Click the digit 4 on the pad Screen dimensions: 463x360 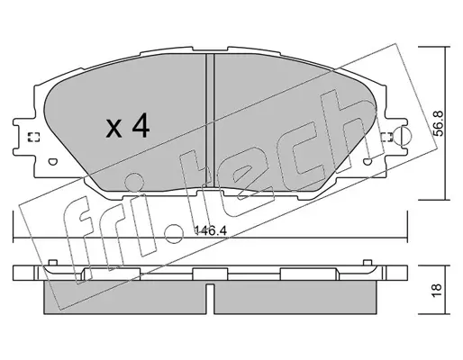(x=141, y=127)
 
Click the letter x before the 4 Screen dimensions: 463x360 (x=114, y=130)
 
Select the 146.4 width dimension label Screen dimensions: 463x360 (x=210, y=230)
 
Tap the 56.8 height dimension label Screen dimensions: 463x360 (x=439, y=123)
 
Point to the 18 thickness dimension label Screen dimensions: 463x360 (x=439, y=291)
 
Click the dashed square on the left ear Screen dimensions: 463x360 (x=33, y=137)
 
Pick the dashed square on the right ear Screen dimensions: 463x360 (x=387, y=137)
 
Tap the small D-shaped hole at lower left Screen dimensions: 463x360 (x=52, y=162)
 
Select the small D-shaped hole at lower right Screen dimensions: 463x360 (x=368, y=162)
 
